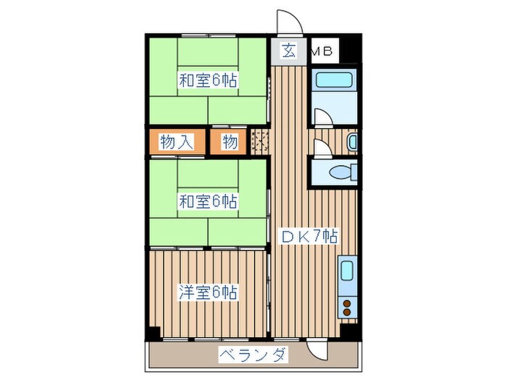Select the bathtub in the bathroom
[334, 83]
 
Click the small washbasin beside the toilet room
[353, 142]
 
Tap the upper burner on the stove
[346, 303]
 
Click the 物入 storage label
[176, 142]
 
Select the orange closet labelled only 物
[230, 142]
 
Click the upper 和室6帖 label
[209, 80]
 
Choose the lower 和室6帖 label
[209, 200]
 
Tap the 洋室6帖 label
[209, 292]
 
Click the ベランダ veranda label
[253, 355]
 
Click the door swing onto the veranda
[317, 350]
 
